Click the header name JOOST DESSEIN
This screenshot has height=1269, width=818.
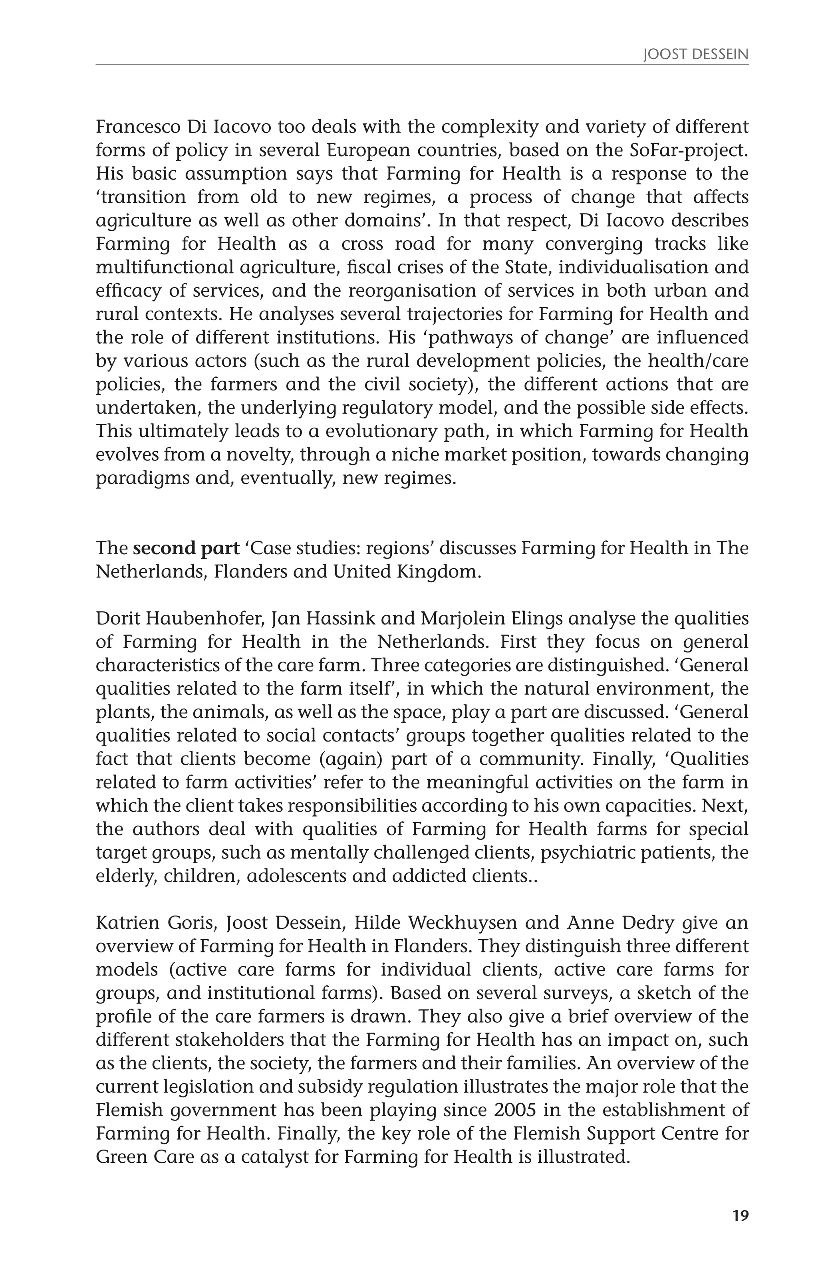[x=695, y=55]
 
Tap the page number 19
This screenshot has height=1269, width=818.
[x=740, y=1226]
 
